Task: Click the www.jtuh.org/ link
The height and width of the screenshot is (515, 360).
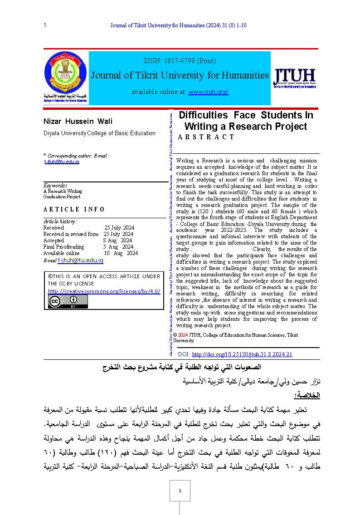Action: coord(209,92)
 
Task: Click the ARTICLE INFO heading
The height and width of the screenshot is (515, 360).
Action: coord(74,209)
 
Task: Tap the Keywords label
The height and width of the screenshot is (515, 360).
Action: coord(55,185)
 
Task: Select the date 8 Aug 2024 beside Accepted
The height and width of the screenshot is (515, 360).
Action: coord(117,240)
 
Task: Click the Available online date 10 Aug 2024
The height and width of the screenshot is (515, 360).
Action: coord(121,253)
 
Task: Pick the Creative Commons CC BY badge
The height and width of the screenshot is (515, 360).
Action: coord(68,302)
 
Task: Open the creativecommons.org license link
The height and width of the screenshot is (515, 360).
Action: coord(104,291)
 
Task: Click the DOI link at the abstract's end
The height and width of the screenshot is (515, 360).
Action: coord(242,354)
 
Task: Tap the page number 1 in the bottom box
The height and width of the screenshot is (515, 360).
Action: coord(180,491)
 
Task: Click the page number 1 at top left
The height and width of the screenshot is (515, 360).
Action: coord(45,25)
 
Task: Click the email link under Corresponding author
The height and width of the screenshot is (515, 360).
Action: coord(62,162)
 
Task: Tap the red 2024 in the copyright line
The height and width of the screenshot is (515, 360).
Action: coord(183,335)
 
